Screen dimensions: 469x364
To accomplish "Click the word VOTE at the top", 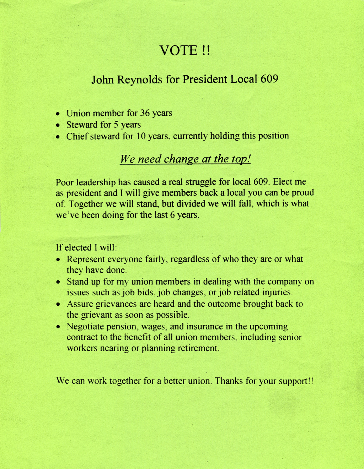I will click(178, 50).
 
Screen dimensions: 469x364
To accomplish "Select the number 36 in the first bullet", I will click(145, 113).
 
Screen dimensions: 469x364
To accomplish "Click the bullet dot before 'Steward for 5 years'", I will click(58, 125).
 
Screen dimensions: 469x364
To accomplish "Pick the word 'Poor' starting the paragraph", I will click(65, 182).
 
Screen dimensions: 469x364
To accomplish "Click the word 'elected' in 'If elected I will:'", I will click(76, 248).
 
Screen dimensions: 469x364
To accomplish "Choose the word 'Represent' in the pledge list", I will click(86, 259).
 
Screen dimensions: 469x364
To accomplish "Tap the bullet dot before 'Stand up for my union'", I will click(59, 282).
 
